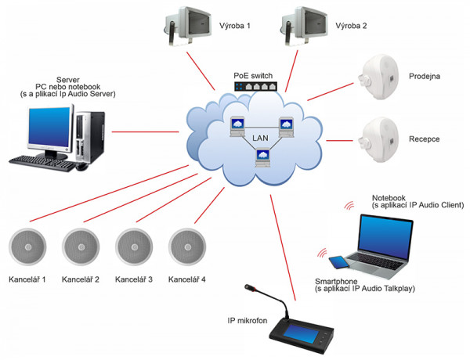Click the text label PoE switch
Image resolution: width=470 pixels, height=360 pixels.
[253, 76]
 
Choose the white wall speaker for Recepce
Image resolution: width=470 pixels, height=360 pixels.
[379, 139]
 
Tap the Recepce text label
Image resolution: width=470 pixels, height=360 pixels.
[424, 139]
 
